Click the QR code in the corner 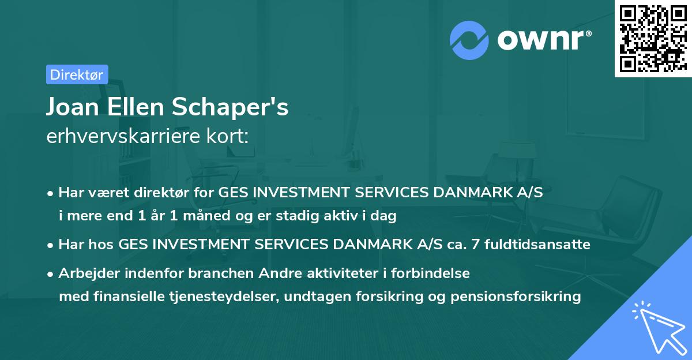(x=653, y=38)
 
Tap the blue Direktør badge (x=77, y=74)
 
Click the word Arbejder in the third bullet (x=86, y=273)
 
